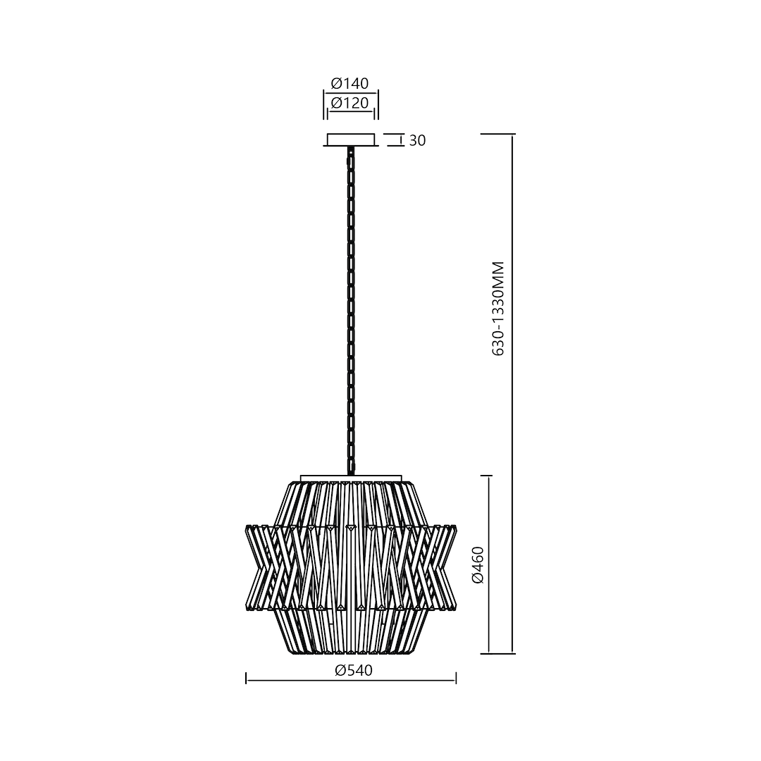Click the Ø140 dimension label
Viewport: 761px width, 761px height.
(x=350, y=84)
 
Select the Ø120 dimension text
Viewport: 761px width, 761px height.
(x=350, y=103)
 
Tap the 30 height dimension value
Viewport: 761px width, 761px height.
(x=417, y=141)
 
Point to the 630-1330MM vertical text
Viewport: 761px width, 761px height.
(x=499, y=308)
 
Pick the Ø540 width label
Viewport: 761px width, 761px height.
(x=354, y=671)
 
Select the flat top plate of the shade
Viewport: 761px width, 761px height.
(x=351, y=478)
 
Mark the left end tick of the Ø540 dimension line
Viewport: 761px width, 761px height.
(x=246, y=679)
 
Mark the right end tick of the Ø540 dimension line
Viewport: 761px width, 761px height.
(x=457, y=679)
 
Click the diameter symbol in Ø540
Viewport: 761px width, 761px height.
(x=340, y=671)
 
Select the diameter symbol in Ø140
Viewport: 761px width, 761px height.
(x=336, y=84)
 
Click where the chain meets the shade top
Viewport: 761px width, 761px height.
(x=350, y=473)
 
